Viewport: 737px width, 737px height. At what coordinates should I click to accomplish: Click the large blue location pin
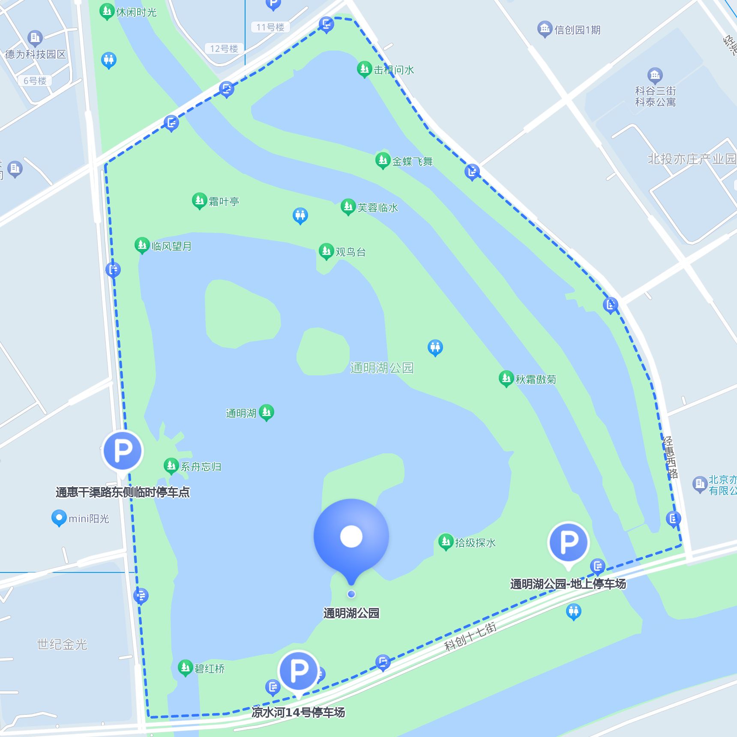(351, 537)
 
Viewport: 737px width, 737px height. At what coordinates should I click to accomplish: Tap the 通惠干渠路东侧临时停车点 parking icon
(123, 451)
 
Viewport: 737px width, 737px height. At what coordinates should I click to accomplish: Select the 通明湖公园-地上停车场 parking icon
(569, 542)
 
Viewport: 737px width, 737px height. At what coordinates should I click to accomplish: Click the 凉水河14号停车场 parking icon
(298, 671)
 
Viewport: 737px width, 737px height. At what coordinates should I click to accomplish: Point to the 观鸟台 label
(351, 252)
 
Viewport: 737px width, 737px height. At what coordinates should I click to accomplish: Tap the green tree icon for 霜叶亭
(199, 200)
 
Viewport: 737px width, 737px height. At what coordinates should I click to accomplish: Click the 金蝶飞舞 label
(412, 162)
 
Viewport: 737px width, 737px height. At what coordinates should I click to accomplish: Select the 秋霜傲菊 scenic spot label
(536, 379)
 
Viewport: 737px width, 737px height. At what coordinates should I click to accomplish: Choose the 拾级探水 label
(475, 543)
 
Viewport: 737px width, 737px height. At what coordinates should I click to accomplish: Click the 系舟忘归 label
(201, 467)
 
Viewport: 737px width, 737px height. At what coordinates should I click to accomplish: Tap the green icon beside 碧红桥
(185, 667)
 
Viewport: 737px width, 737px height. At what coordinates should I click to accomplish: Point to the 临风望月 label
(171, 246)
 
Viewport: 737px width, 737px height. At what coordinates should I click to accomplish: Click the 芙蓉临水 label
(377, 208)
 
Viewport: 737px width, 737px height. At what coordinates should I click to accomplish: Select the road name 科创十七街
(470, 636)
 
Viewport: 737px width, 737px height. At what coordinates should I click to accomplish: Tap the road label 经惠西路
(670, 457)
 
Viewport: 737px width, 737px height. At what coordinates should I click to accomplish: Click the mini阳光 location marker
(59, 518)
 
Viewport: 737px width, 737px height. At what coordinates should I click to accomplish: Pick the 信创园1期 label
(577, 30)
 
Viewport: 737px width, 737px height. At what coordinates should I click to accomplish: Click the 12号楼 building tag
(224, 48)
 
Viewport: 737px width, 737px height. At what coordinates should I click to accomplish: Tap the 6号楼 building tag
(35, 81)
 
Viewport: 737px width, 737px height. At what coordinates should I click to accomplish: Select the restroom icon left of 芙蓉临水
(300, 215)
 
